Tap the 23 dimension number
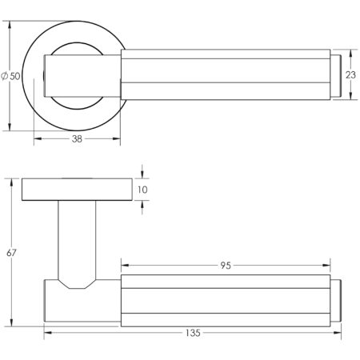pos(350,76)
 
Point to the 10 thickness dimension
pos(144,190)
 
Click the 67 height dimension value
pos(12,253)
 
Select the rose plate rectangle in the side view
pos(77,190)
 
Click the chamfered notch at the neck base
pos(78,284)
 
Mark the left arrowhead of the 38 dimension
pos(38,144)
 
